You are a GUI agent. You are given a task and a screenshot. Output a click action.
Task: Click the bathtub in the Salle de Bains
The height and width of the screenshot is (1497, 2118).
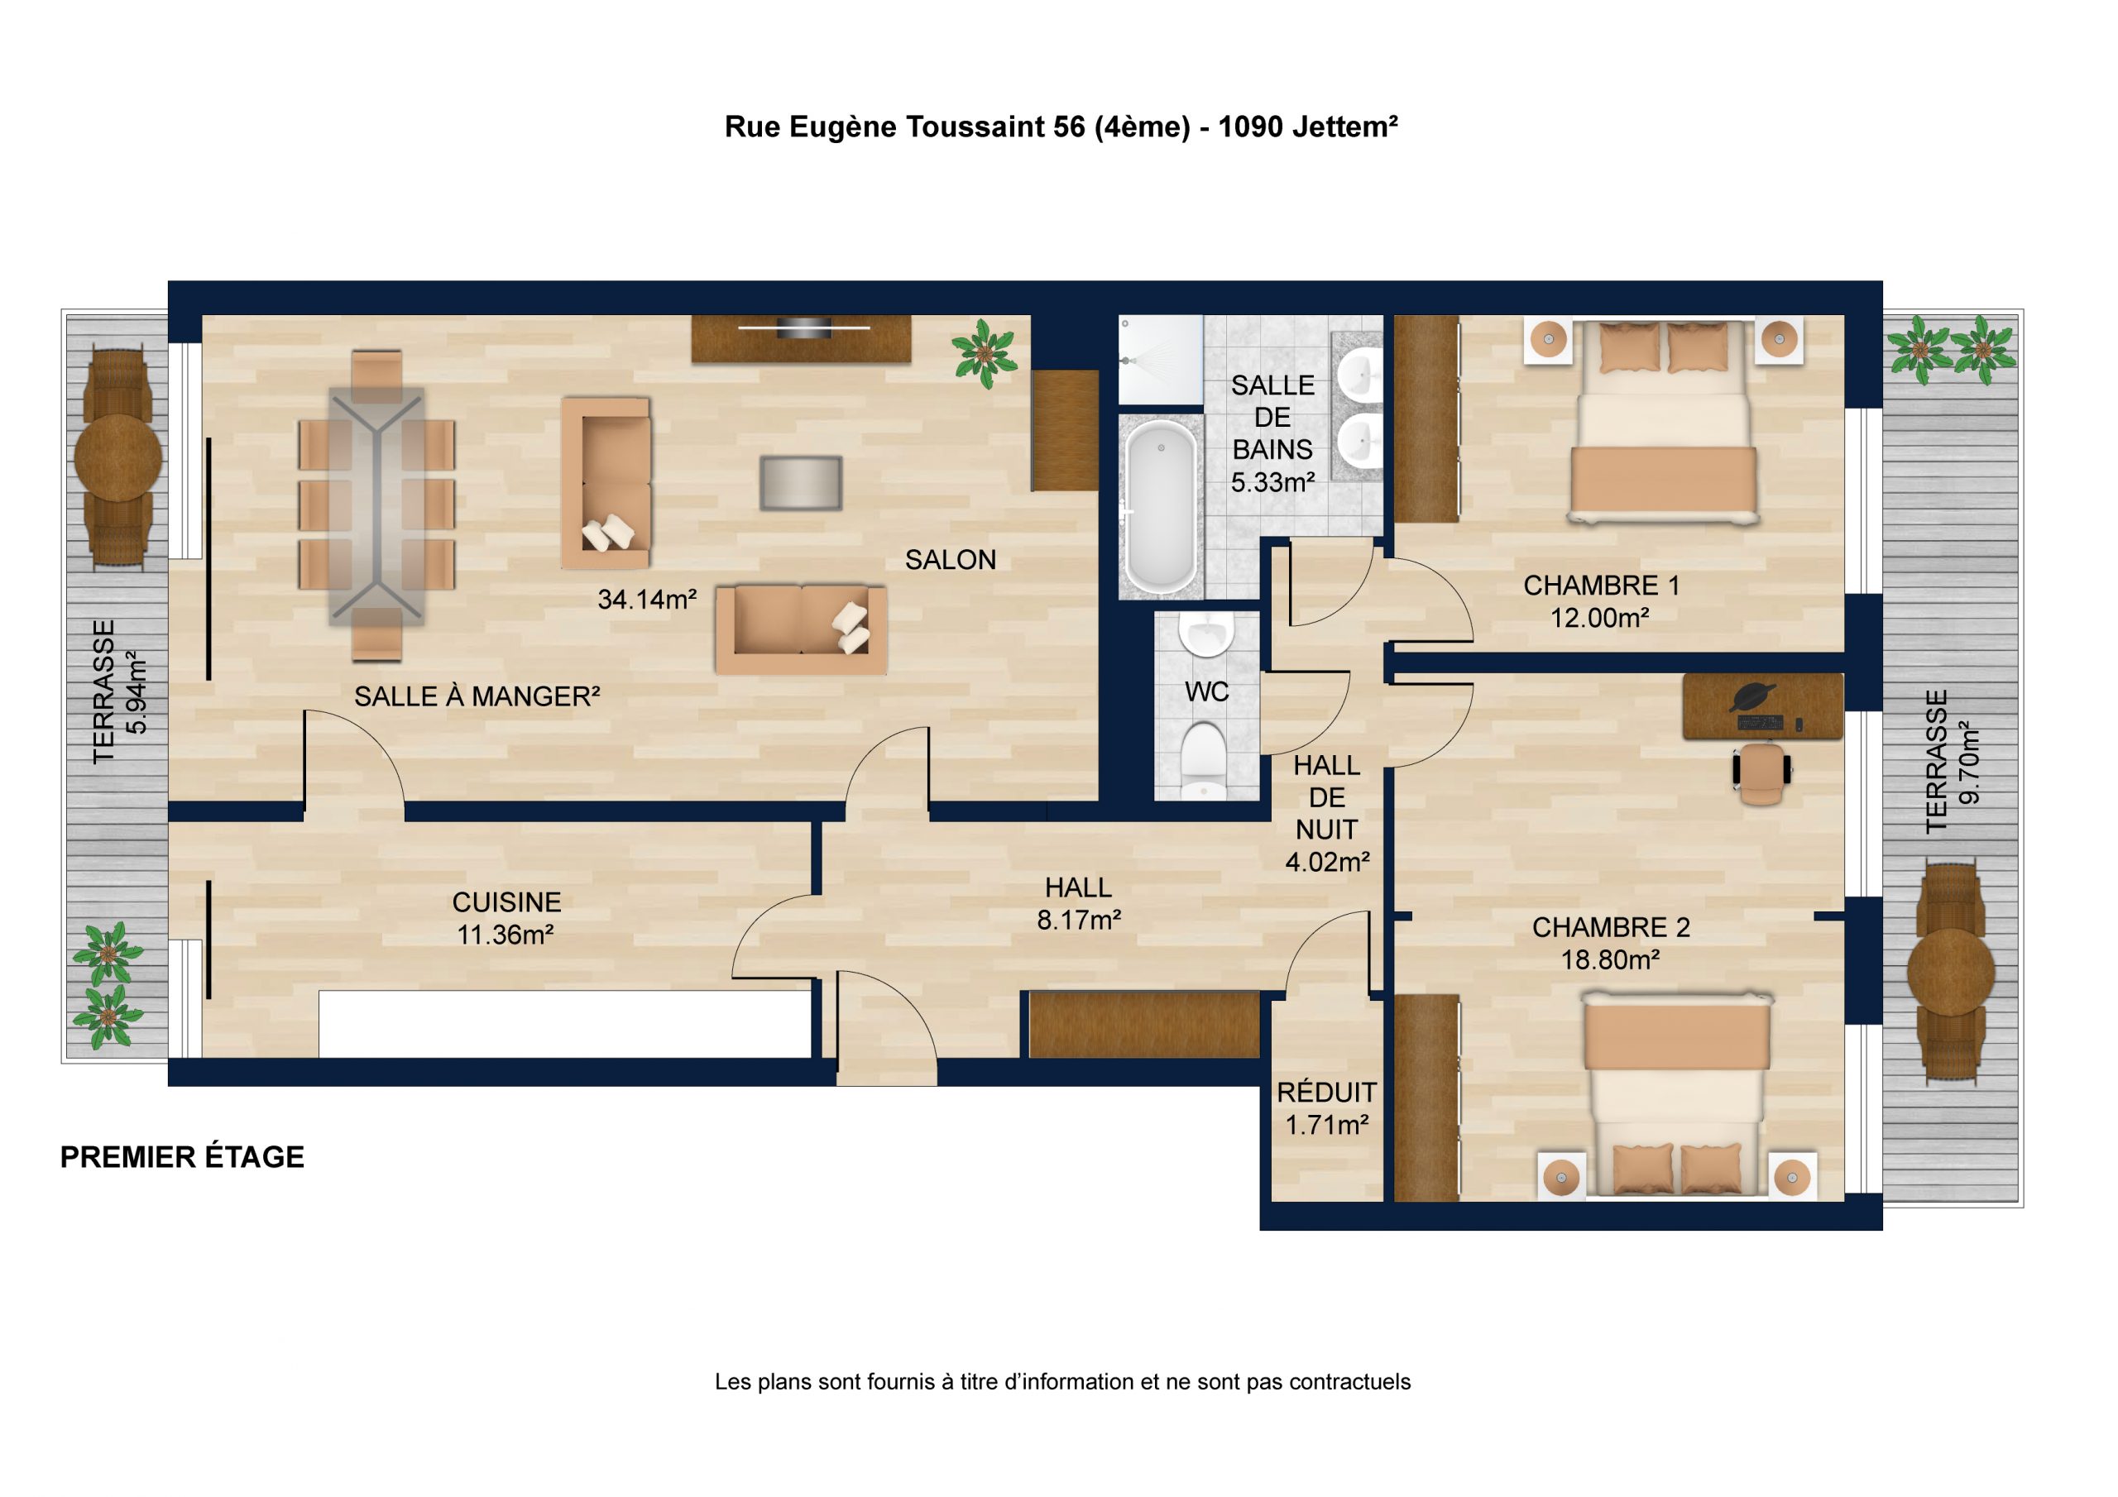pyautogui.click(x=1161, y=505)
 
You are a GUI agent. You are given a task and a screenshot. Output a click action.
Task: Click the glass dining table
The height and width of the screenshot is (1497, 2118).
pyautogui.click(x=376, y=505)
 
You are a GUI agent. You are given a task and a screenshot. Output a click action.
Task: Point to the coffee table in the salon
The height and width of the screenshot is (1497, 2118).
pyautogui.click(x=801, y=482)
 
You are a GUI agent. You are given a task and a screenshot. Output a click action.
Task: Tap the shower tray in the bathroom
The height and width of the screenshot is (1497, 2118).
pyautogui.click(x=1161, y=360)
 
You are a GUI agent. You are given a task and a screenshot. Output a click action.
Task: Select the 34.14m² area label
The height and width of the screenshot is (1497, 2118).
pyautogui.click(x=647, y=600)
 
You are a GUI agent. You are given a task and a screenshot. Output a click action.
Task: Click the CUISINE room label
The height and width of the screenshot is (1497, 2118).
pyautogui.click(x=506, y=902)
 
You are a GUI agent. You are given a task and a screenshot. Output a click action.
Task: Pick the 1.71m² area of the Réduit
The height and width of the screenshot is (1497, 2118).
pyautogui.click(x=1326, y=1126)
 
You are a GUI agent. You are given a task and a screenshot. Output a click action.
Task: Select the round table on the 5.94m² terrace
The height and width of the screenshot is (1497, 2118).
pyautogui.click(x=118, y=457)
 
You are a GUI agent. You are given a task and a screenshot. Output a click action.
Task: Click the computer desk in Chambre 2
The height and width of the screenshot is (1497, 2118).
pyautogui.click(x=1763, y=706)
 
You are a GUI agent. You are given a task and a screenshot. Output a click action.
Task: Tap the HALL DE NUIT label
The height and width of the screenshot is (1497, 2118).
pyautogui.click(x=1326, y=798)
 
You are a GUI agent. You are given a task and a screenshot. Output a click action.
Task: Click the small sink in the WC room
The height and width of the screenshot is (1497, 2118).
pyautogui.click(x=1206, y=634)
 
